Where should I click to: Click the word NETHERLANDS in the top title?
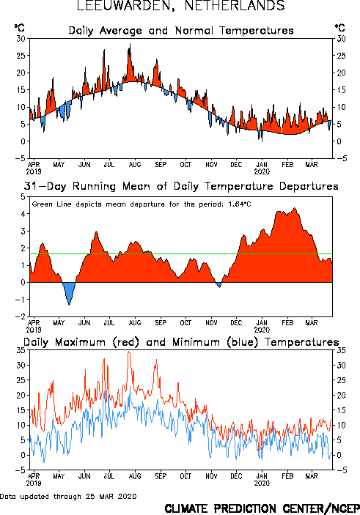pyautogui.click(x=235, y=6)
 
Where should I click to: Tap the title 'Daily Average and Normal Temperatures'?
pyautogui.click(x=181, y=31)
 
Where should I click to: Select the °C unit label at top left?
pyautogui.click(x=19, y=28)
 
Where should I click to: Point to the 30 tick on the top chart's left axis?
pyautogui.click(x=21, y=39)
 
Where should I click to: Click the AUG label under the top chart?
pyautogui.click(x=135, y=165)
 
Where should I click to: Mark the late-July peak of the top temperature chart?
pyautogui.click(x=130, y=44)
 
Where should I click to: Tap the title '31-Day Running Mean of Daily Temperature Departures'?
pyautogui.click(x=181, y=187)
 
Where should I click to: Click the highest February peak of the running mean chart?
pyautogui.click(x=295, y=208)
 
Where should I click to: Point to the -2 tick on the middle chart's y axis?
pyautogui.click(x=22, y=316)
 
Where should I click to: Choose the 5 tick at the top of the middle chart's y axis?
pyautogui.click(x=23, y=197)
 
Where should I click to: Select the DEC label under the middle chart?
pyautogui.click(x=236, y=323)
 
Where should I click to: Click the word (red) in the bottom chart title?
pyautogui.click(x=126, y=342)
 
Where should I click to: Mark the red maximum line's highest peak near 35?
pyautogui.click(x=129, y=352)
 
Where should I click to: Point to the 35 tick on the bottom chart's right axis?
pyautogui.click(x=341, y=350)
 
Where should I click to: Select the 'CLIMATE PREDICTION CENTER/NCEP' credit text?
pyautogui.click(x=262, y=508)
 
